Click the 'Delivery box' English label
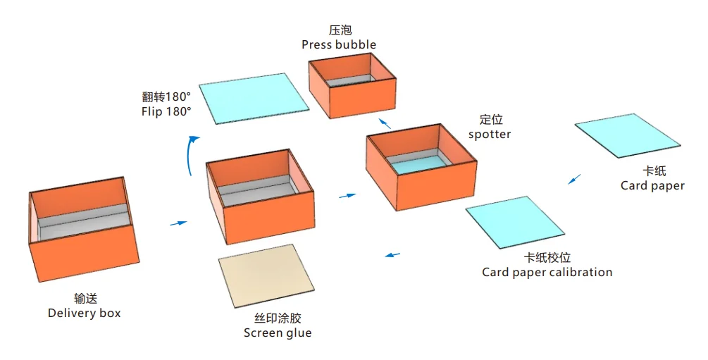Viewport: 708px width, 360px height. [84, 313]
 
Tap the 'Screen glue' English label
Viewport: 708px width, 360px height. [277, 333]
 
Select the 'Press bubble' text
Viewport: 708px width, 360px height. [339, 44]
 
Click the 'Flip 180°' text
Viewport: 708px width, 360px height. [166, 111]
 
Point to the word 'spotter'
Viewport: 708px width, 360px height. [490, 134]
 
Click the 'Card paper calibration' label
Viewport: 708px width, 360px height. [547, 272]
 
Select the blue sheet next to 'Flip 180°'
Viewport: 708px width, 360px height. [254, 98]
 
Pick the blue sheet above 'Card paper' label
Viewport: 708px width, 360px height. [627, 135]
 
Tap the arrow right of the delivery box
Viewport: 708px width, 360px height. [179, 223]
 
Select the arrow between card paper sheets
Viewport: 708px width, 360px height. [575, 179]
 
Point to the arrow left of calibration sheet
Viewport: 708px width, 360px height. [393, 254]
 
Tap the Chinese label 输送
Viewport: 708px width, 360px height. [85, 298]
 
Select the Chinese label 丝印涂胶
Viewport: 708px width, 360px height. [277, 318]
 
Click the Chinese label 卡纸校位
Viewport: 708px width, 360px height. [547, 258]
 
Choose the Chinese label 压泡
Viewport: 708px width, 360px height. [340, 30]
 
